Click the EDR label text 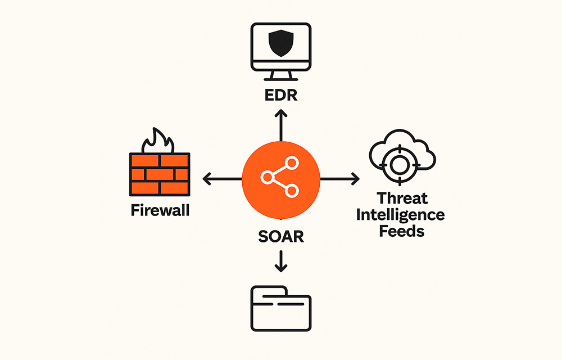point(280,94)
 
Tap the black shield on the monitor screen point(280,43)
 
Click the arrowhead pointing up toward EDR point(280,114)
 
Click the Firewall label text point(160,211)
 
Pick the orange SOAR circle point(280,179)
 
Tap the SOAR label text point(280,236)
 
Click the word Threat point(402,199)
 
